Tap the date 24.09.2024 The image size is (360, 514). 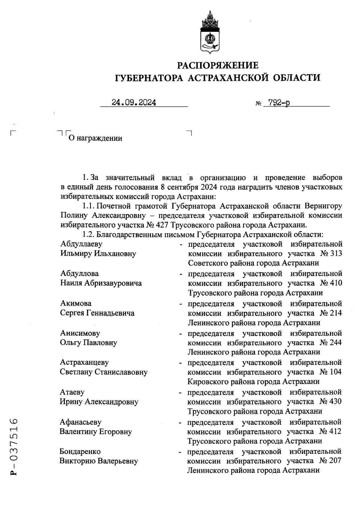coord(134,103)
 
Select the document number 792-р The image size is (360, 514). coord(279,103)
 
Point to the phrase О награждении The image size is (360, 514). coord(95,138)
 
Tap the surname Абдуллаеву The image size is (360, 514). coord(81,244)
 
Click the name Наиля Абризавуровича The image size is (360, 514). coord(101,283)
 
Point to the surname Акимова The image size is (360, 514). coord(76,303)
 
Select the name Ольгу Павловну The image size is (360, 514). coord(88,343)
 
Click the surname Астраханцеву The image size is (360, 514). coord(84,362)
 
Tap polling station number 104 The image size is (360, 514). coord(335,372)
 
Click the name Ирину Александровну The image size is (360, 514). coord(99,402)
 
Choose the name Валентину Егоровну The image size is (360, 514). coord(96,432)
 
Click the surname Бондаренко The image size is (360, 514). coord(80,452)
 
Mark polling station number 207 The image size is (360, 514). coord(335,461)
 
